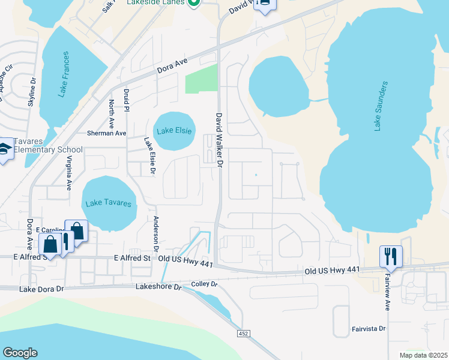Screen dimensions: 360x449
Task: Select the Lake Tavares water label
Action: pyautogui.click(x=109, y=203)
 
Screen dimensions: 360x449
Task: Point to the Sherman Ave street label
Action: pyautogui.click(x=107, y=133)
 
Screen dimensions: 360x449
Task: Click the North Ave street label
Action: pyautogui.click(x=112, y=112)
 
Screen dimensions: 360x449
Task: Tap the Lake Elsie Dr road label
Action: pyautogui.click(x=149, y=157)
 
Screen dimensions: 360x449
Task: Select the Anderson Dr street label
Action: pyautogui.click(x=156, y=233)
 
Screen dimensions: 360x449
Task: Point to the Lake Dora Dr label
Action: pyautogui.click(x=41, y=289)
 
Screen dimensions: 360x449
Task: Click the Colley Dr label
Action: pyautogui.click(x=203, y=284)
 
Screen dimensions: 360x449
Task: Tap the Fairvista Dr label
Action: pyautogui.click(x=369, y=329)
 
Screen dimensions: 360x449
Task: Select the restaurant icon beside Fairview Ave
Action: pyautogui.click(x=390, y=256)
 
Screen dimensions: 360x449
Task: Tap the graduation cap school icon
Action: pyautogui.click(x=5, y=150)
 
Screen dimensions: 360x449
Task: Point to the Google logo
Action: pyautogui.click(x=20, y=353)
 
